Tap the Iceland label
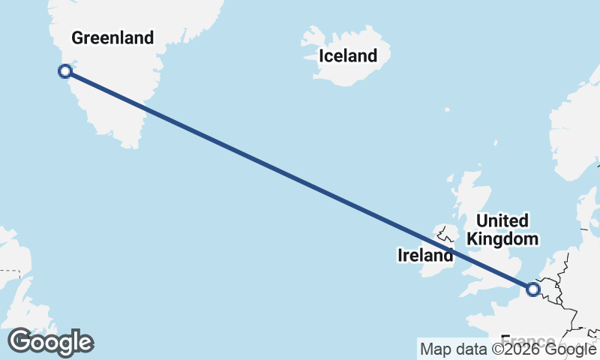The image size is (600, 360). pos(347,55)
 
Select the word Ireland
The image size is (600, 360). pos(424,256)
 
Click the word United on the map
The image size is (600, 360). pos(502,221)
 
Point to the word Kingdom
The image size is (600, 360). pos(502,239)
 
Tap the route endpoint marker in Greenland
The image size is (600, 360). pos(65,71)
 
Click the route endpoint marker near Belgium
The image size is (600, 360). pos(533,289)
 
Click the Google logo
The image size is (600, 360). pos(50,343)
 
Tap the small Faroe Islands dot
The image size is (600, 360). pos(447,110)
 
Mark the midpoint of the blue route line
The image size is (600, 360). pos(299,180)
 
